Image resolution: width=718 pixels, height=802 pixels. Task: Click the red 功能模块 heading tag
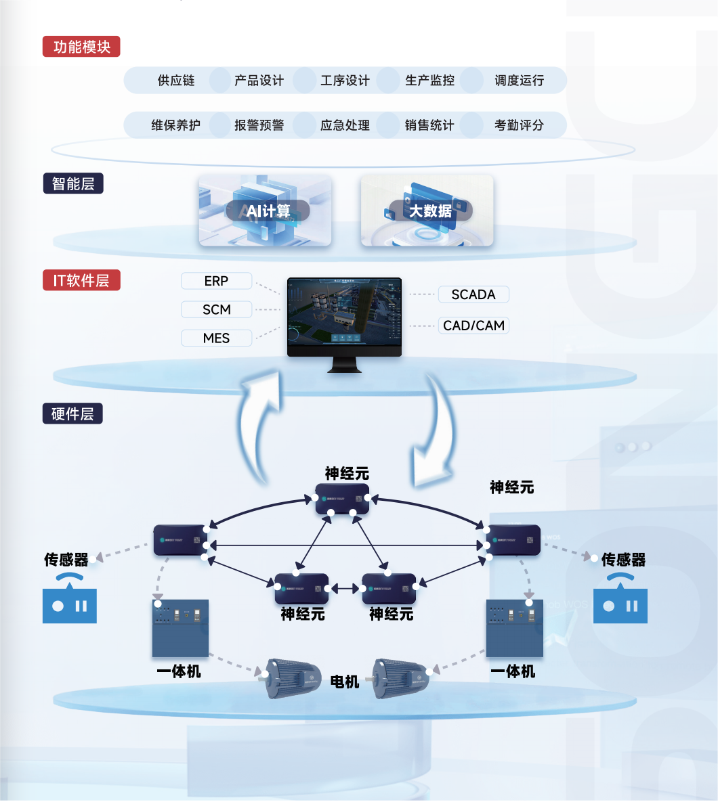click(x=81, y=47)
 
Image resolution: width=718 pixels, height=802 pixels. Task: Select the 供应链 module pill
click(x=176, y=81)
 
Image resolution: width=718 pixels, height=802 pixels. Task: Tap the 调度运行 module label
click(x=519, y=81)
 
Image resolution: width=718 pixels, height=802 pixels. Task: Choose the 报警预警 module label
click(x=259, y=125)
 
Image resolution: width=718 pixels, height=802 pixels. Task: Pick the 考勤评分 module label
click(x=519, y=125)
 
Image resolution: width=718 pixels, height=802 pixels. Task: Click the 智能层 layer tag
click(x=73, y=183)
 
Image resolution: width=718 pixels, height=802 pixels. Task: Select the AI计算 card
click(x=265, y=210)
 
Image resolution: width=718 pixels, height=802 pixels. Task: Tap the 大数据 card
click(x=427, y=210)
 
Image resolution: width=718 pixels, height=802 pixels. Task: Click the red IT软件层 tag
click(x=81, y=280)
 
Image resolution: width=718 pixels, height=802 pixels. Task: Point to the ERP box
click(x=216, y=281)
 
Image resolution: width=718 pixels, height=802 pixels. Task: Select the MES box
click(x=216, y=338)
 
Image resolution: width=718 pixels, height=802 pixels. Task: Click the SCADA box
click(x=473, y=294)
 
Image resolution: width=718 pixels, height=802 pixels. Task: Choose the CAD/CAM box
click(x=473, y=326)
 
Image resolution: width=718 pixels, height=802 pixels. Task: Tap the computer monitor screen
click(x=344, y=315)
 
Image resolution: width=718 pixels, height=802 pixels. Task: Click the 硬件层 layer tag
click(x=73, y=414)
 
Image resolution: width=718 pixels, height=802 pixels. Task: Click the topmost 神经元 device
click(x=343, y=499)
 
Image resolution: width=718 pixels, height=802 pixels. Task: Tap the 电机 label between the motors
click(x=345, y=682)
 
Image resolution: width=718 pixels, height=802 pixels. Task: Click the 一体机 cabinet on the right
click(x=515, y=628)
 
